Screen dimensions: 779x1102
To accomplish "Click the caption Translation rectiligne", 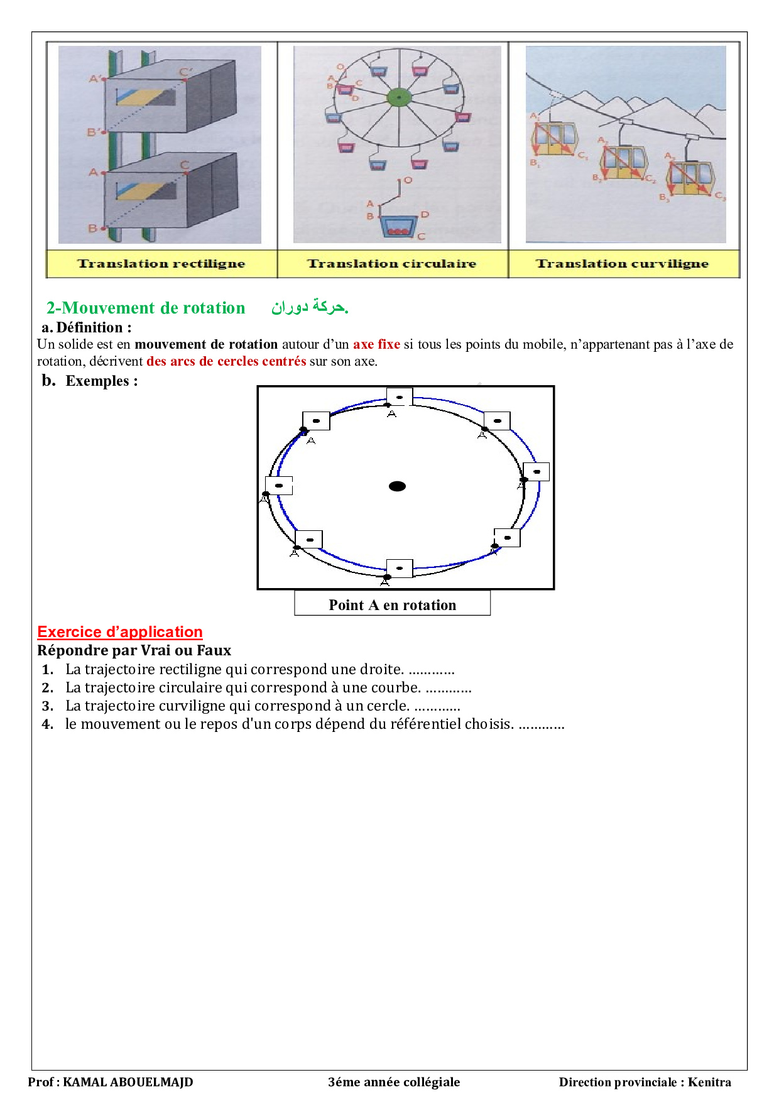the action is click(161, 264).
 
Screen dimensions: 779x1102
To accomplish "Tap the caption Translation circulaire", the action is click(392, 264).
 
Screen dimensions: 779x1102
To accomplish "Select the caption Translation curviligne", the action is click(622, 264).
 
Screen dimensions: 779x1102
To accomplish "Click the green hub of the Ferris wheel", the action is click(398, 97).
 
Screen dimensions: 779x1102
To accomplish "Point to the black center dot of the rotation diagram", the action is click(397, 486).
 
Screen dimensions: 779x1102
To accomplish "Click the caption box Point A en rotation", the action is click(393, 604).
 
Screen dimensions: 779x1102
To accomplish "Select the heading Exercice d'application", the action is click(120, 632).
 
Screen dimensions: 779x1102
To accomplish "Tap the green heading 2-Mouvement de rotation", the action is click(146, 308).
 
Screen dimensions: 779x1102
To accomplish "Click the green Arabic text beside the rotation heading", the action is click(310, 307).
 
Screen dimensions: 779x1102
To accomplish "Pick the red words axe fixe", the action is click(376, 344).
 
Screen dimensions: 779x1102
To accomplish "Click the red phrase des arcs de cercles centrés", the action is click(226, 361).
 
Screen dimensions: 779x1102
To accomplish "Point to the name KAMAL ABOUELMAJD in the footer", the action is click(128, 1082).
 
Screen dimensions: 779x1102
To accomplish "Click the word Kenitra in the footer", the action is click(709, 1082).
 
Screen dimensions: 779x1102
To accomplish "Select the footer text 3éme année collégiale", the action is click(394, 1082).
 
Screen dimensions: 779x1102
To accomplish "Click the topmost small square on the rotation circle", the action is click(400, 397).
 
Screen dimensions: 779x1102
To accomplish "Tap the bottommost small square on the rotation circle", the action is click(400, 568).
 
